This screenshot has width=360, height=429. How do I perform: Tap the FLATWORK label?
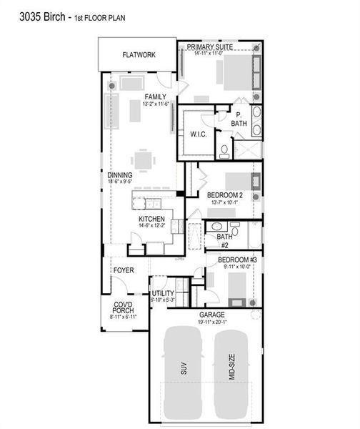[139, 54]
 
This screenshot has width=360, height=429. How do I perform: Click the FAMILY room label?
[156, 97]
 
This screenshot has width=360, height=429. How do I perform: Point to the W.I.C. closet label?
[198, 134]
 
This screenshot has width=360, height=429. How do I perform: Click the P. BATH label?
[239, 119]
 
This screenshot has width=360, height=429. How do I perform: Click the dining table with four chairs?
[145, 159]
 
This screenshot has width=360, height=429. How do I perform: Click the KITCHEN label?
[152, 219]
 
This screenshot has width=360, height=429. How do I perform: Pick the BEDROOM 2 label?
[225, 195]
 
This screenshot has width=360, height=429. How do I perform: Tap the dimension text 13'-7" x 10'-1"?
[225, 202]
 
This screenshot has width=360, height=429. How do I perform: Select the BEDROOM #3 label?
[236, 259]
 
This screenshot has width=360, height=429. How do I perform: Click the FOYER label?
[124, 270]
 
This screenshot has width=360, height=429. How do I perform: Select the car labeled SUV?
[184, 370]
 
